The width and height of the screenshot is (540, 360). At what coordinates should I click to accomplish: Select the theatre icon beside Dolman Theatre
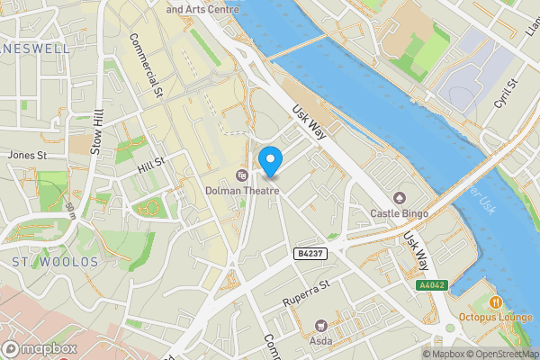click(x=241, y=175)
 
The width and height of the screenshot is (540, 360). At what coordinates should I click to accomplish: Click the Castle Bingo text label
click(x=399, y=213)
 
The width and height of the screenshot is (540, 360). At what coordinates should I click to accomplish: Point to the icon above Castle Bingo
click(x=399, y=198)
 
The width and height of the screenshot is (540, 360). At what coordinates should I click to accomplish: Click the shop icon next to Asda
click(x=319, y=325)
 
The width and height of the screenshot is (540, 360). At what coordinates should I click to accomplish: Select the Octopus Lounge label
click(x=496, y=317)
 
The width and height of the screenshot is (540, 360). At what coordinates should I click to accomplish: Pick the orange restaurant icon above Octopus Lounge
click(x=496, y=301)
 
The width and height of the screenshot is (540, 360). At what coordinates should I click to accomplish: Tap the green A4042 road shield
click(x=430, y=284)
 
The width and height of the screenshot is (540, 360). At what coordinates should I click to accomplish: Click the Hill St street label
click(x=152, y=164)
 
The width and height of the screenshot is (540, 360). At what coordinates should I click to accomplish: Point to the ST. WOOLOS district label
click(x=54, y=262)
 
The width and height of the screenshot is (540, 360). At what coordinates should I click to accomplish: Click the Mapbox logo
click(x=39, y=348)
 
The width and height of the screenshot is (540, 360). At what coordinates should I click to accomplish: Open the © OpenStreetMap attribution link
click(x=503, y=354)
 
